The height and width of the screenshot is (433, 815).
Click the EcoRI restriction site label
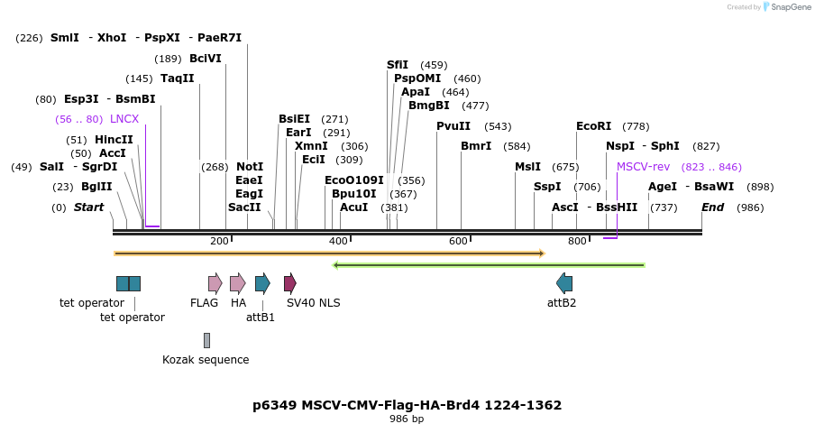click(593, 126)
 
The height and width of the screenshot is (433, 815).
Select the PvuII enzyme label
click(453, 126)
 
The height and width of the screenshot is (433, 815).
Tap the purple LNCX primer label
click(124, 118)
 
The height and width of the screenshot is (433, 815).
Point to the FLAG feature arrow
click(215, 283)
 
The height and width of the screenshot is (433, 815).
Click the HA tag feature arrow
click(237, 283)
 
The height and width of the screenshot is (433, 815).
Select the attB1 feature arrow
click(262, 283)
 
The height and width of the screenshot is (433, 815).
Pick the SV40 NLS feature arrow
click(290, 283)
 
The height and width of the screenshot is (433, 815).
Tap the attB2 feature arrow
click(564, 283)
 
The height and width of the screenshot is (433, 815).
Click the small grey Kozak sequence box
click(206, 340)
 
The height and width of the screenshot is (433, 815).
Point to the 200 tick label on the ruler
click(219, 241)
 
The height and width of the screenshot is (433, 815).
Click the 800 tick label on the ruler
click(577, 241)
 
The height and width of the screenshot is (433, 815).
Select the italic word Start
click(88, 207)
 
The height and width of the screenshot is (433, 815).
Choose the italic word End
click(712, 207)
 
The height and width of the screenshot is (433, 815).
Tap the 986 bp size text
click(407, 419)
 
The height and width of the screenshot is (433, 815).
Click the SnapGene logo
click(785, 7)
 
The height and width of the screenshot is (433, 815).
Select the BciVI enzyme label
click(205, 59)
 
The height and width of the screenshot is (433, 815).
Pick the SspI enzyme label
click(547, 187)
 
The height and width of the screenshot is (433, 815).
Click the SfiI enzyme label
click(398, 65)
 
